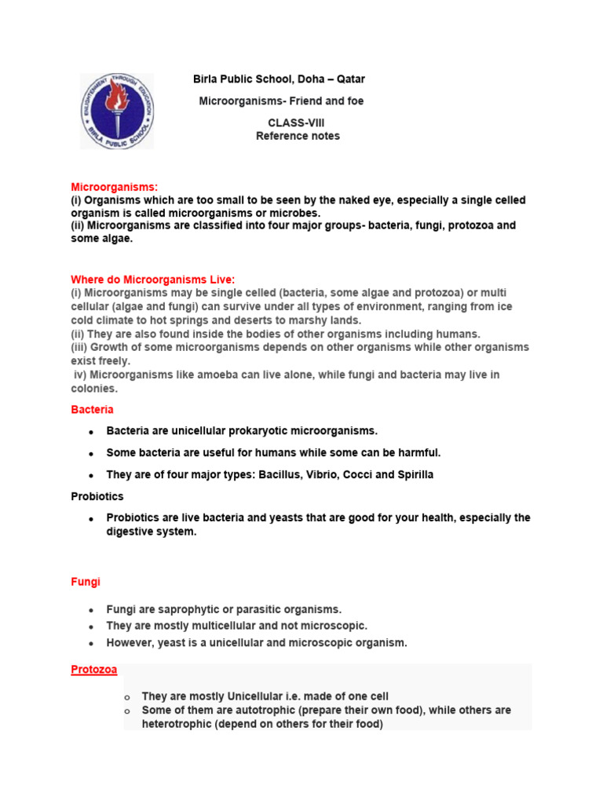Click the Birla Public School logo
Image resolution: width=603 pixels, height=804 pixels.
[117, 111]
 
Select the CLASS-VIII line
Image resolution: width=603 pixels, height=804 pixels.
[296, 123]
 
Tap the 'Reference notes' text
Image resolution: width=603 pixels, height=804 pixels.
[298, 136]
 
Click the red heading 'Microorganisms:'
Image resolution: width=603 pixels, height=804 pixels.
[115, 187]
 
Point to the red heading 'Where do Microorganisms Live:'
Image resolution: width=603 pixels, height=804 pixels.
[153, 280]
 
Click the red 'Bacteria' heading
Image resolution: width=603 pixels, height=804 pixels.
[92, 410]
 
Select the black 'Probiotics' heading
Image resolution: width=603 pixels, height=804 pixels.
[97, 496]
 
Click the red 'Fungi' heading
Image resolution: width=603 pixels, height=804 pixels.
[86, 583]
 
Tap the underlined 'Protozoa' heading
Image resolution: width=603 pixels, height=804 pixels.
[94, 669]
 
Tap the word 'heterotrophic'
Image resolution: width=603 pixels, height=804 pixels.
[177, 724]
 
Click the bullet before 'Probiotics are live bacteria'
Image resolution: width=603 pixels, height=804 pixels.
[91, 519]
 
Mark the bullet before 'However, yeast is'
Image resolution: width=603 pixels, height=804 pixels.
[91, 643]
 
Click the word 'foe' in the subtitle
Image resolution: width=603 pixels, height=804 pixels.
[354, 101]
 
